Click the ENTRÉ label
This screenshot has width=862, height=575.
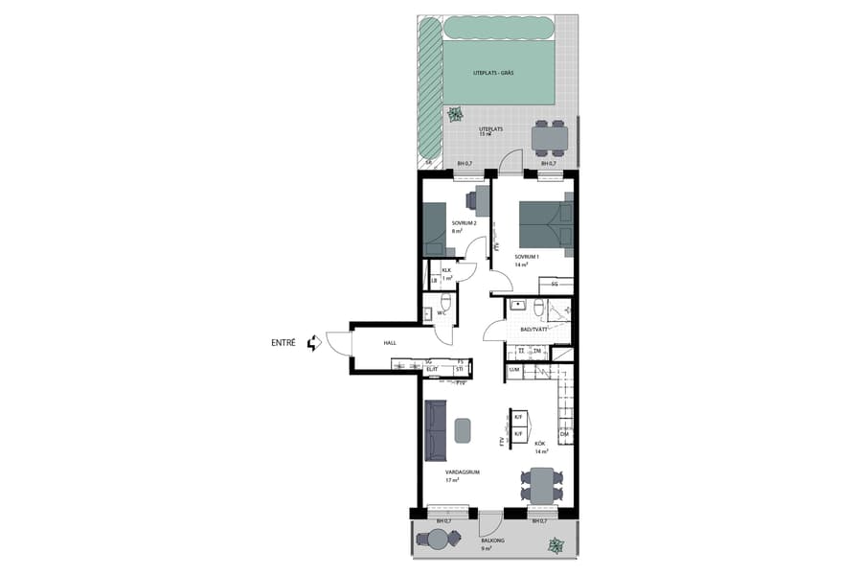click(x=284, y=342)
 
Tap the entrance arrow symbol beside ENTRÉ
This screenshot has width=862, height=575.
click(x=312, y=342)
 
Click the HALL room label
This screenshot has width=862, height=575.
click(x=390, y=342)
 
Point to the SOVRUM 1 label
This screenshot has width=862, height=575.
click(x=528, y=257)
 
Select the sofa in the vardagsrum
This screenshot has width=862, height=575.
click(x=437, y=430)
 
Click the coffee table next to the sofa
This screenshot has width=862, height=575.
click(x=464, y=430)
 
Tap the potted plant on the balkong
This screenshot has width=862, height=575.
click(x=555, y=545)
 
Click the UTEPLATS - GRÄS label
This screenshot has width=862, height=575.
click(x=492, y=73)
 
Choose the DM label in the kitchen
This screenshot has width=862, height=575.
click(x=564, y=434)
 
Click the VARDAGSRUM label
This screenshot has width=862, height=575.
click(x=462, y=472)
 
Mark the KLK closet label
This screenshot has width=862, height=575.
click(x=446, y=270)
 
